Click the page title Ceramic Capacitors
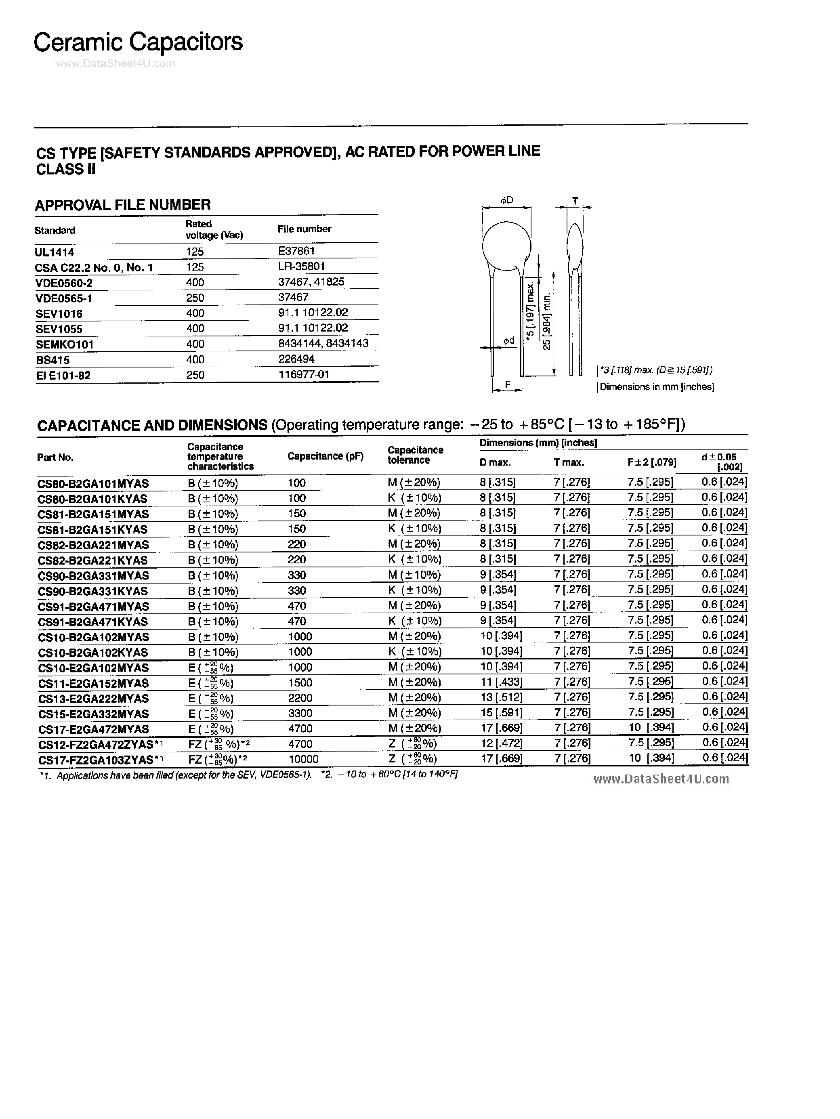(x=138, y=42)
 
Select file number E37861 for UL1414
(x=296, y=251)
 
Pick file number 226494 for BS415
(x=296, y=359)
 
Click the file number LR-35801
(x=301, y=266)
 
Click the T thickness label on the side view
(x=574, y=201)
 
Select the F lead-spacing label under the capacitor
(x=508, y=384)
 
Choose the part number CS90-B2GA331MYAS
(x=93, y=576)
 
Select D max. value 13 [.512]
(x=501, y=697)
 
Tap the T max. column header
(x=569, y=462)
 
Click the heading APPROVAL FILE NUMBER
(x=122, y=205)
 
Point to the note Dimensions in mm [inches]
(x=656, y=387)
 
